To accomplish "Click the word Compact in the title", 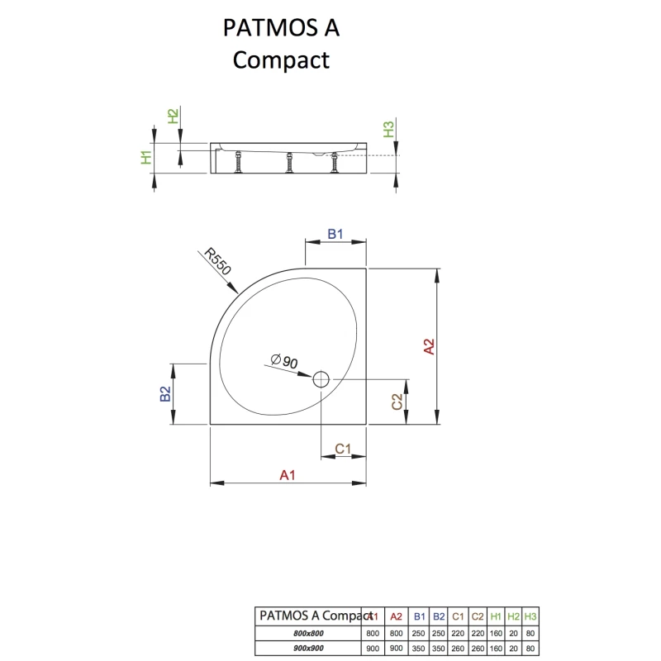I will pyautogui.click(x=281, y=60).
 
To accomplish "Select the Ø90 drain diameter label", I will pyautogui.click(x=284, y=362).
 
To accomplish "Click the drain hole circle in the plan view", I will pyautogui.click(x=321, y=380).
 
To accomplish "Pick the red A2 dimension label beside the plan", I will pyautogui.click(x=429, y=346).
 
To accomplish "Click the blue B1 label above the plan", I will pyautogui.click(x=335, y=235).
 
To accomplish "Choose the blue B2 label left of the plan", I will pyautogui.click(x=165, y=394).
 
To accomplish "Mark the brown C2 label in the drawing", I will pyautogui.click(x=397, y=402).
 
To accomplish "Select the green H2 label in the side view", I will pyautogui.click(x=173, y=117).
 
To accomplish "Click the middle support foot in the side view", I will pyautogui.click(x=290, y=163).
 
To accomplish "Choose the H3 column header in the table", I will pyautogui.click(x=530, y=616).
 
